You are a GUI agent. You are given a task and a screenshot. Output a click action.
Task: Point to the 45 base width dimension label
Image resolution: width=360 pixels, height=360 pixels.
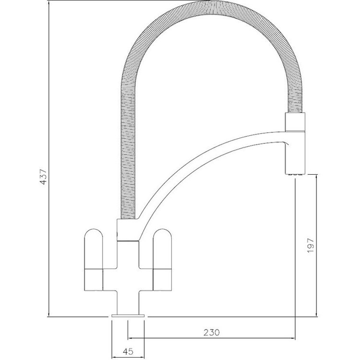128,352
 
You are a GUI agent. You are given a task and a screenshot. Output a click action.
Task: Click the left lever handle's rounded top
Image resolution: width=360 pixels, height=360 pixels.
94,239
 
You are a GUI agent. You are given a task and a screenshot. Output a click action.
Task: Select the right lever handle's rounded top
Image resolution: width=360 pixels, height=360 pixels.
162,239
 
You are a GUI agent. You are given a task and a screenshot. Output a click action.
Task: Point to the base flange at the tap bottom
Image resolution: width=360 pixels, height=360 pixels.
128,316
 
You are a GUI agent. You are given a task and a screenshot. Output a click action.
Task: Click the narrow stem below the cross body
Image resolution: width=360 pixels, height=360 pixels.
128,302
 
